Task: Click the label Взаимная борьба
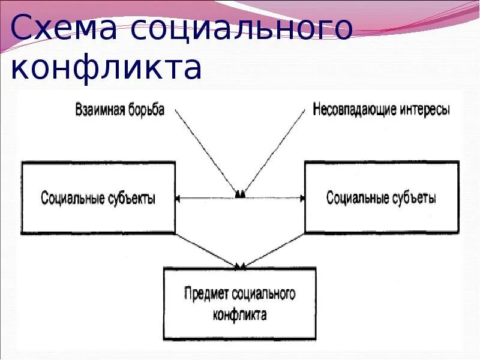tap(119, 110)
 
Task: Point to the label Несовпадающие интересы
tap(381, 110)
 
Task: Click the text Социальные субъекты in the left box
tap(98, 198)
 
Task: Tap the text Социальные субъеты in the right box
tap(381, 198)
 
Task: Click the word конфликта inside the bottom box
tap(239, 314)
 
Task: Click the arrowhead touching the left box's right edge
tap(179, 197)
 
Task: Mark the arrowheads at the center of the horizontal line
tap(240, 194)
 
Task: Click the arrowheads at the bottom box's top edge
tap(240, 266)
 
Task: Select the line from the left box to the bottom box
tap(207, 249)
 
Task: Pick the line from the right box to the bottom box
tap(274, 249)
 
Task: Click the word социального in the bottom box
tap(263, 295)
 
